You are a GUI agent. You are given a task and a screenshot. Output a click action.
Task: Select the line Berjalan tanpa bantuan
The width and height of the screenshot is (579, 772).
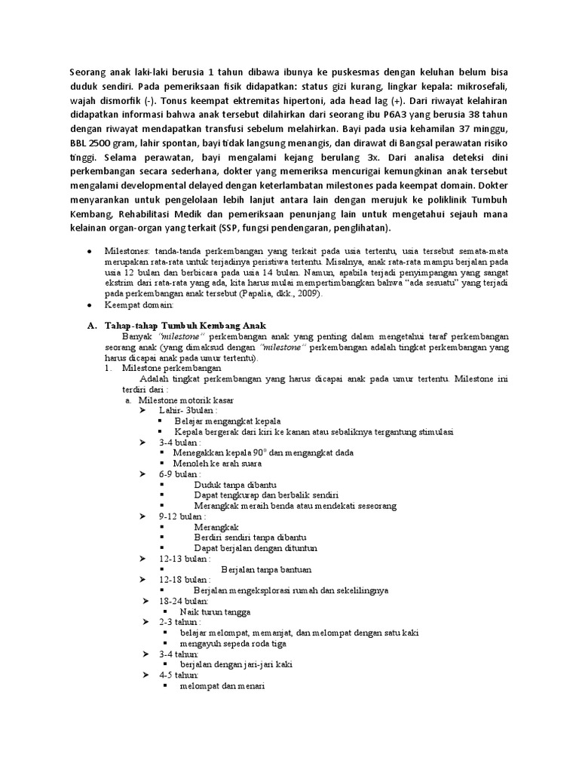(x=266, y=569)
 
